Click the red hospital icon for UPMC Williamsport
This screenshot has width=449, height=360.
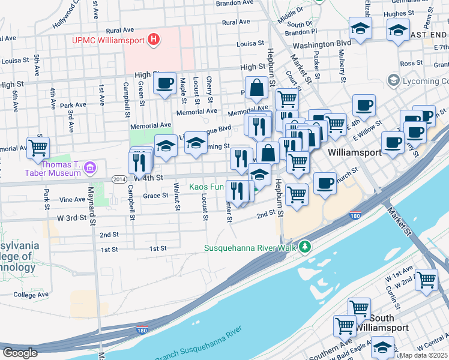click(x=154, y=40)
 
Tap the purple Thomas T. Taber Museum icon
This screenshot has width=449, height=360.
click(x=90, y=167)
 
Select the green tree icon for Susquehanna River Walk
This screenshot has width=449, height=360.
click(x=306, y=247)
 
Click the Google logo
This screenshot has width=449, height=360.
click(x=20, y=353)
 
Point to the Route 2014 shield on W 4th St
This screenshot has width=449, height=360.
click(x=118, y=178)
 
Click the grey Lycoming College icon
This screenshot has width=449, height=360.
click(x=394, y=80)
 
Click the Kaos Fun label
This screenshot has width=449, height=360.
click(x=206, y=187)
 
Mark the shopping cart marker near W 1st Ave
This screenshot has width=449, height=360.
click(x=426, y=280)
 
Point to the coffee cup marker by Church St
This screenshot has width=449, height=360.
click(x=325, y=182)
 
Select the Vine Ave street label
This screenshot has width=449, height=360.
click(x=72, y=199)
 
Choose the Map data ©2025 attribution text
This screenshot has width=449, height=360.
click(x=423, y=355)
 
